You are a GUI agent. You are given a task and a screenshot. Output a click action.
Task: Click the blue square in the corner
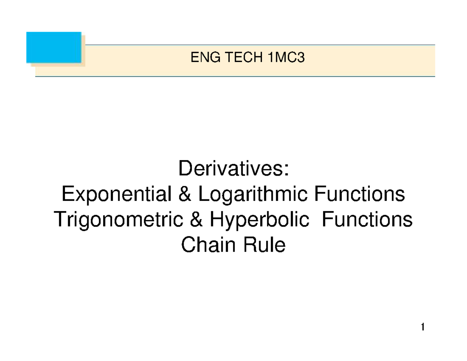tap(54, 47)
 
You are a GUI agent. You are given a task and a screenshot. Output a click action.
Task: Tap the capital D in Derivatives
tap(184, 169)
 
